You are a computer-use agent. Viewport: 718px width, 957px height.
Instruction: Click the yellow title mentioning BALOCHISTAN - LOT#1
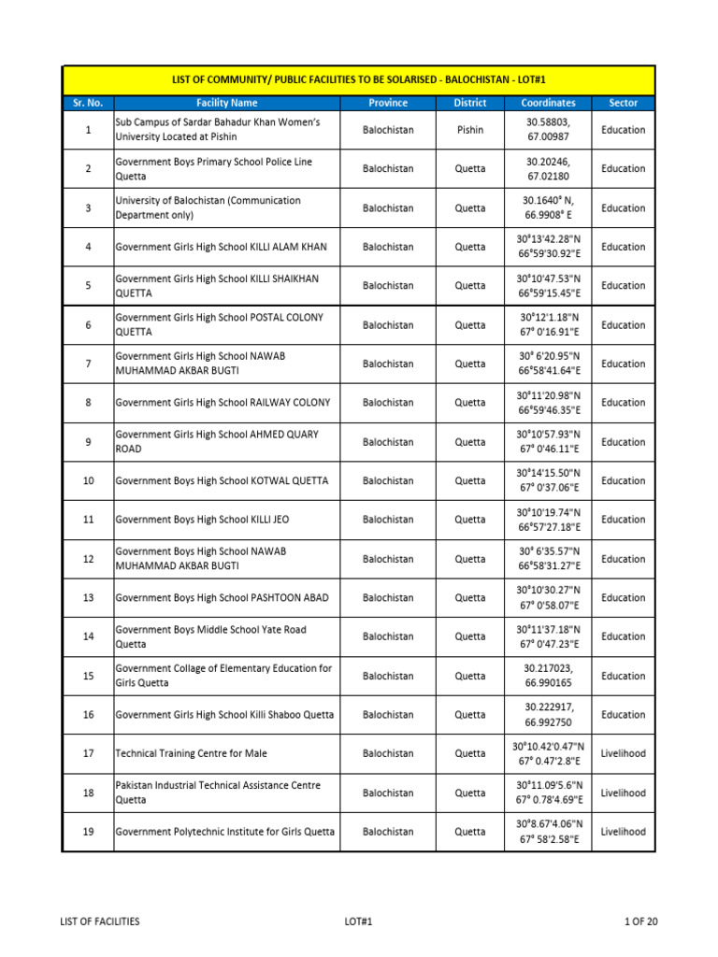[x=358, y=81]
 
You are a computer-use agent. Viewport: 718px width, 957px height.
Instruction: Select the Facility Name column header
[x=226, y=103]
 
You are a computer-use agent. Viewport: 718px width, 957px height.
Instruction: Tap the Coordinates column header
[x=548, y=103]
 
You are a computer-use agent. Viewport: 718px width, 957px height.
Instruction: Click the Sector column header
[x=623, y=103]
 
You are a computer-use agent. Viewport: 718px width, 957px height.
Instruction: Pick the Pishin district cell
[x=470, y=130]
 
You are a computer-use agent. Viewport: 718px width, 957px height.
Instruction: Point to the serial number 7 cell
[x=88, y=364]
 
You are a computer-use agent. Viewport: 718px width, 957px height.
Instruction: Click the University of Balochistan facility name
[x=208, y=207]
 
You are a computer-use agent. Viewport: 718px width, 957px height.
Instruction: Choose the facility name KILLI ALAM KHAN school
[x=221, y=247]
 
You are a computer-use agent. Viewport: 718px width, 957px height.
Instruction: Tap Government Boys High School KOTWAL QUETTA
[x=222, y=480]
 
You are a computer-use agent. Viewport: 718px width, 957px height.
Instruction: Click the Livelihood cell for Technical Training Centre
[x=623, y=753]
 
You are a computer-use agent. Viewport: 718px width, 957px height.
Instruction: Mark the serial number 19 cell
[x=88, y=832]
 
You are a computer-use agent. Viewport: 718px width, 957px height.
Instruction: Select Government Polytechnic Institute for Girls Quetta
[x=224, y=832]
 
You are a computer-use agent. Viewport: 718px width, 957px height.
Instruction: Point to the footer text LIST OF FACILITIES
[x=100, y=921]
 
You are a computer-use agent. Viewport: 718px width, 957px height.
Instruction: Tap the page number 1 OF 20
[x=641, y=921]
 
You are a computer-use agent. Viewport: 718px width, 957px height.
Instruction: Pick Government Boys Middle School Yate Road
[x=210, y=636]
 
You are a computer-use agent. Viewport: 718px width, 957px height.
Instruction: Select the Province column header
[x=388, y=103]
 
